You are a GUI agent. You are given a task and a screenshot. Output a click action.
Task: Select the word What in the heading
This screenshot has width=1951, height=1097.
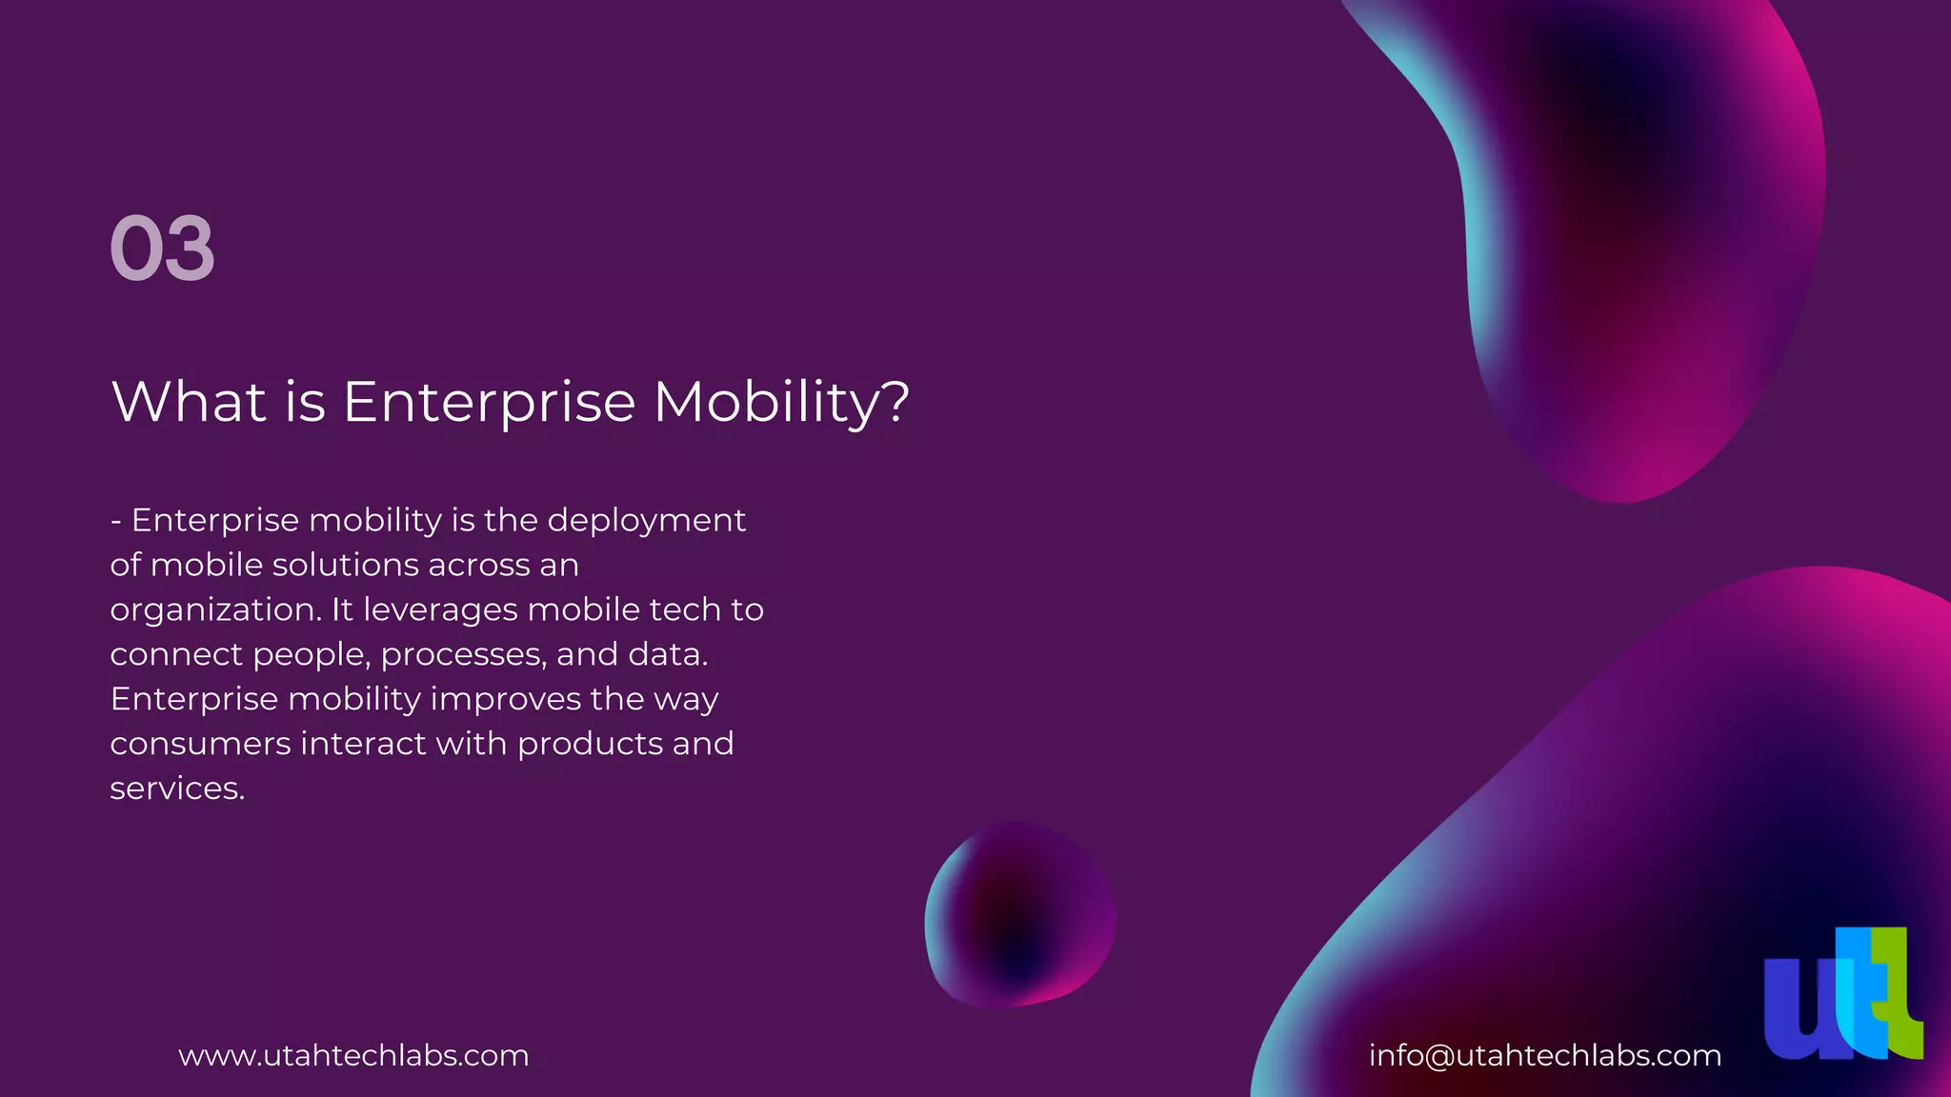[189, 402]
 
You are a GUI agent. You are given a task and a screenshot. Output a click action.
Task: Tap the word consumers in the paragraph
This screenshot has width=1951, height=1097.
[200, 744]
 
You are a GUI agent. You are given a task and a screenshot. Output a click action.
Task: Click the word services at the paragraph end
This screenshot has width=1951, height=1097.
[177, 789]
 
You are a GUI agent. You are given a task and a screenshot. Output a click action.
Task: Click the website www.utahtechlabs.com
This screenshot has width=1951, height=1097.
[353, 1056]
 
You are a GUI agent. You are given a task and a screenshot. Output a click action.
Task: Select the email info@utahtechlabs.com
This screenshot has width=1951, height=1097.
[1544, 1056]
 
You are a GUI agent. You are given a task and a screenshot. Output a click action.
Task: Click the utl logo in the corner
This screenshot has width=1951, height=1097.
[1842, 994]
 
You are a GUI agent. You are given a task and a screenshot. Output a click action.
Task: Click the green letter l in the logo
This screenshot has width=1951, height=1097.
[1898, 995]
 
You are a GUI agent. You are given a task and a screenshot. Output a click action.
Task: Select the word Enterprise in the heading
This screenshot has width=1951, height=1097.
[489, 402]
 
